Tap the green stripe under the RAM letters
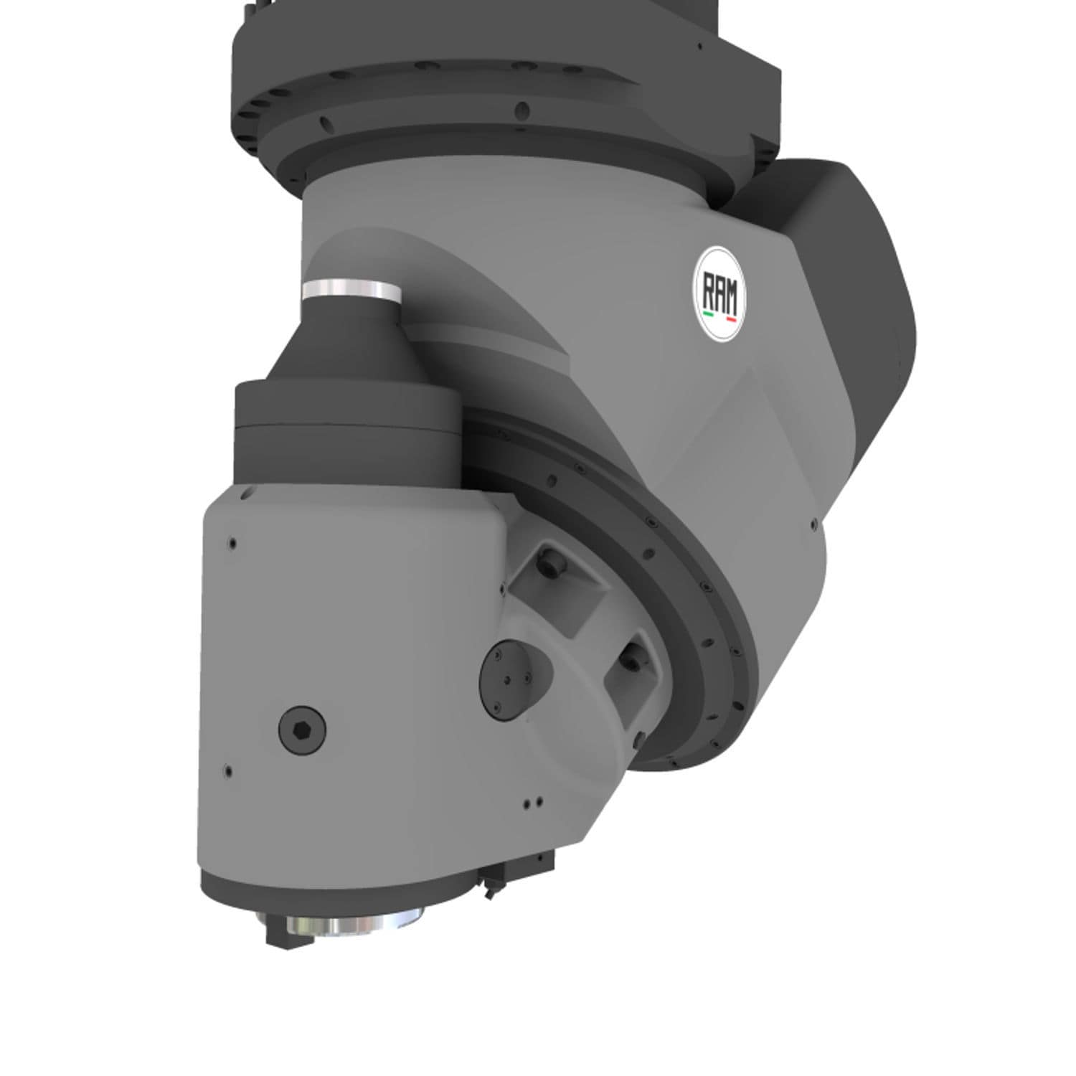708,313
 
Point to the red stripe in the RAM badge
732,316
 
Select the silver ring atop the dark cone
351,290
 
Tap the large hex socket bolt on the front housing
301,730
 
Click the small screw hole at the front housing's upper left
232,543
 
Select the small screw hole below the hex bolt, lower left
228,773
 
